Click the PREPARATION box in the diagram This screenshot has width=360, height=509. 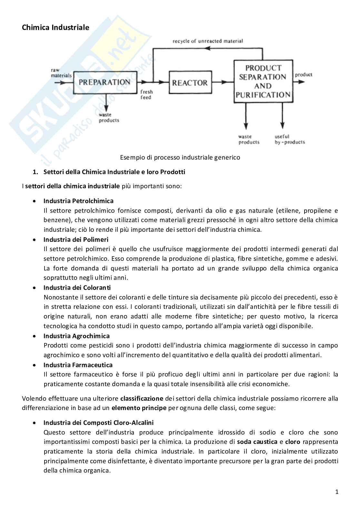click(x=105, y=82)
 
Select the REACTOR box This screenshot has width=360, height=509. click(x=190, y=83)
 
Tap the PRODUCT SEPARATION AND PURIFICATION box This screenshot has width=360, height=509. click(x=263, y=81)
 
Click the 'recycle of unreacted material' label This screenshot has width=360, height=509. click(x=207, y=41)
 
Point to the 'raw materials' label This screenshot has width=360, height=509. click(x=61, y=73)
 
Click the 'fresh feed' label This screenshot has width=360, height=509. click(x=146, y=94)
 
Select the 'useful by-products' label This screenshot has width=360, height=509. click(x=289, y=139)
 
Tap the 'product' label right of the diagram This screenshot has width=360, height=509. click(x=304, y=74)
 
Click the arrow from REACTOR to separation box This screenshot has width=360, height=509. click(x=223, y=83)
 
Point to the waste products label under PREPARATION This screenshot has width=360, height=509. click(x=109, y=117)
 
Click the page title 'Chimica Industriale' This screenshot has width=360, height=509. click(x=55, y=28)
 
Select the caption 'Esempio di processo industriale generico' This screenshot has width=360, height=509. click(x=180, y=158)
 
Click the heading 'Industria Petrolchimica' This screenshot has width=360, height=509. click(x=78, y=201)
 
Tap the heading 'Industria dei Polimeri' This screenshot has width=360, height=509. click(x=76, y=240)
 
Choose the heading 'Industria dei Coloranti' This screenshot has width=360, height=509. click(x=77, y=288)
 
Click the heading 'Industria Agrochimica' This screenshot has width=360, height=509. click(x=76, y=336)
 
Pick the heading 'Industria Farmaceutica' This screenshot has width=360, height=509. click(x=78, y=365)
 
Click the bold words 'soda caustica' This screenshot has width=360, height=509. click(x=257, y=442)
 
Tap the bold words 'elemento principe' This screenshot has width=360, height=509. click(x=139, y=408)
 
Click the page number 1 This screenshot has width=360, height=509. click(x=336, y=492)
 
